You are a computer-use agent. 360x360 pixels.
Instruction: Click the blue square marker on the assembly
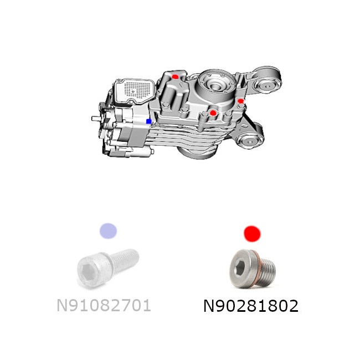click(149, 121)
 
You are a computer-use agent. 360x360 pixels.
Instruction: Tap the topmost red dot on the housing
click(175, 76)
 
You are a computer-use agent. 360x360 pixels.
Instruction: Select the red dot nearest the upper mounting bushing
click(240, 101)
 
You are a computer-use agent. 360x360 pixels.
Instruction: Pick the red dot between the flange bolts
click(213, 113)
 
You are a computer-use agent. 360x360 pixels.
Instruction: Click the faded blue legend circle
click(108, 231)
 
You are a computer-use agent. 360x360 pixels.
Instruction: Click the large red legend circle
click(252, 234)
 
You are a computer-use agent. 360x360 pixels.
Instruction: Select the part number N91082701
click(104, 305)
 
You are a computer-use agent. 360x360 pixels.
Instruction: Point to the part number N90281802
click(251, 306)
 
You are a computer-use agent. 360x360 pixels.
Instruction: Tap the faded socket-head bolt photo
click(107, 268)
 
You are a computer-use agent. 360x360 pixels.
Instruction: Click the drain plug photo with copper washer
click(253, 269)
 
